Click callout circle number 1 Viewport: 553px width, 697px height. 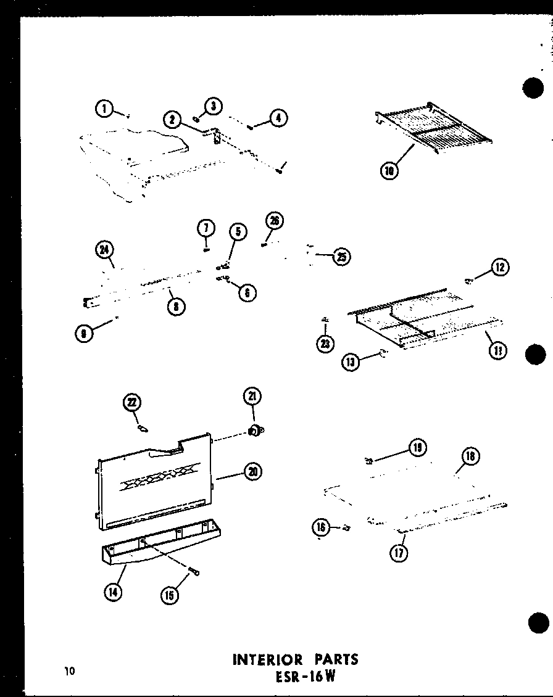click(105, 109)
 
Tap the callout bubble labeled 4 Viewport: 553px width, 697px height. click(278, 118)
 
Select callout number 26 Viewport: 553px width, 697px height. click(273, 221)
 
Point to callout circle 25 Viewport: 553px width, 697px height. click(340, 257)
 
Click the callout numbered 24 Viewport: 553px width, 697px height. click(104, 250)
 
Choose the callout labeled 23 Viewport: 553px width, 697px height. click(325, 344)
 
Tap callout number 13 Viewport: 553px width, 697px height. click(351, 362)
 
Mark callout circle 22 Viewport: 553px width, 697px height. click(131, 403)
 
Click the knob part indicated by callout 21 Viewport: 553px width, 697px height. click(254, 430)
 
